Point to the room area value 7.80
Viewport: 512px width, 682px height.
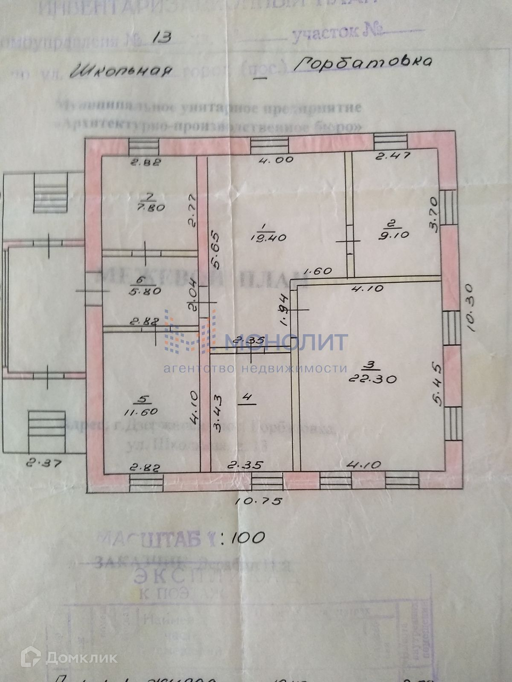[149, 208]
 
